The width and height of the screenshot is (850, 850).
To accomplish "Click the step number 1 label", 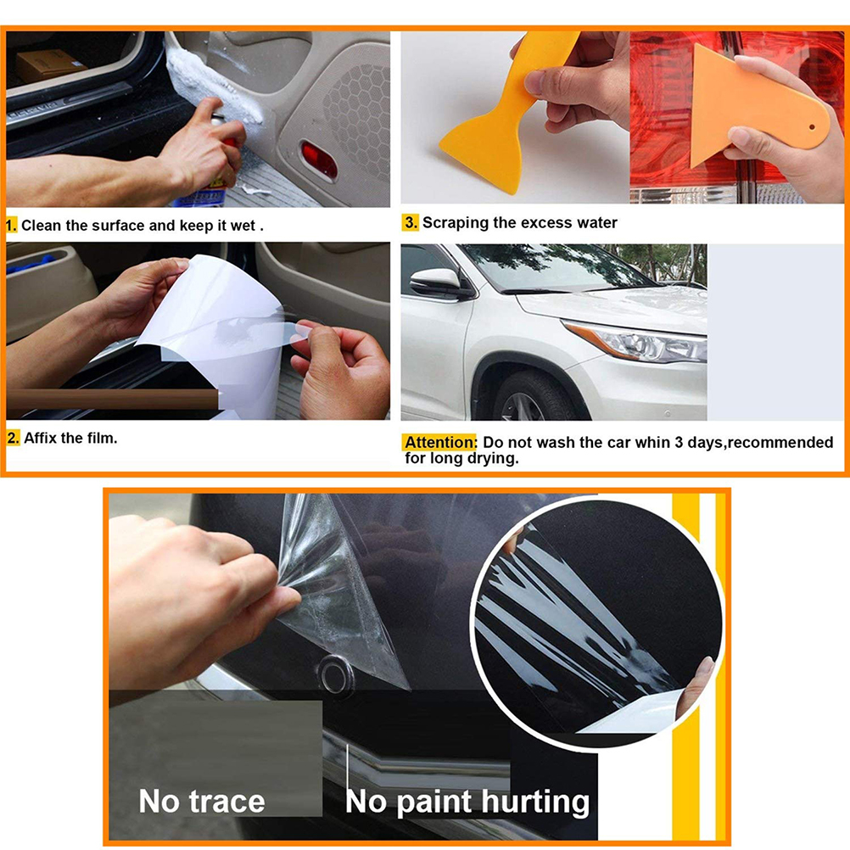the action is tap(11, 225).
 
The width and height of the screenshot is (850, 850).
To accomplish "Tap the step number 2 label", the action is tap(14, 438).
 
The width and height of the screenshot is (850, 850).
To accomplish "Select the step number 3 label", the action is tap(411, 222).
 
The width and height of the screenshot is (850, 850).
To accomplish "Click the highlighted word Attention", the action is tap(440, 442).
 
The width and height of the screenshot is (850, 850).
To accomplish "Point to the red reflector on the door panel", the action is tap(319, 159).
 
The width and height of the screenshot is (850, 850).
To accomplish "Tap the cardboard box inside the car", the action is tap(49, 65).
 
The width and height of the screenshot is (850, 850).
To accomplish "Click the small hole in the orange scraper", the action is tap(812, 127).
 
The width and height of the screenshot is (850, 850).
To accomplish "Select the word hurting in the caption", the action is tap(535, 802).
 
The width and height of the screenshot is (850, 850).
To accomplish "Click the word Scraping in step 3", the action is tap(456, 223).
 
